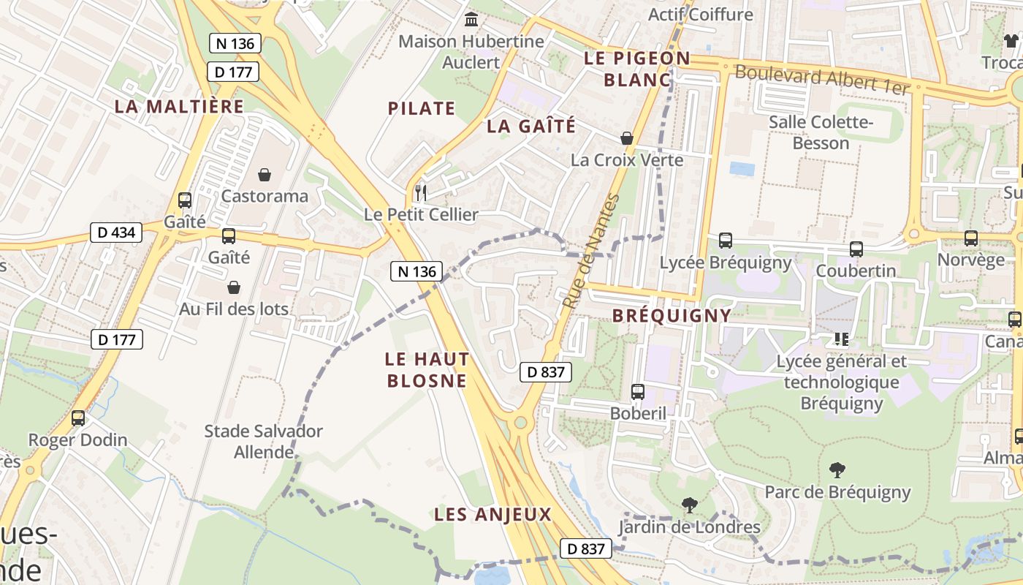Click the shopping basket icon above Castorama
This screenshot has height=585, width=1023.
[x=264, y=175]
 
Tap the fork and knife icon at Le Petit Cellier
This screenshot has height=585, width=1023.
[x=420, y=193]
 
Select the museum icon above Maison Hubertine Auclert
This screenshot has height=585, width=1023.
[x=471, y=19]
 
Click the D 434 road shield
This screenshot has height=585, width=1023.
[x=116, y=233]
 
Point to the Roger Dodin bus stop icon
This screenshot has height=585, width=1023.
[x=77, y=418]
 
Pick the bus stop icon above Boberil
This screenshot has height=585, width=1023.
[x=638, y=392]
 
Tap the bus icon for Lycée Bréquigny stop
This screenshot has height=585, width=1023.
[x=725, y=241]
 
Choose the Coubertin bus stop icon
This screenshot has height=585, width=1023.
[x=856, y=249]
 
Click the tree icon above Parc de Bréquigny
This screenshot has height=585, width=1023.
[x=837, y=470]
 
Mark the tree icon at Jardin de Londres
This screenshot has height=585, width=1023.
[x=689, y=505]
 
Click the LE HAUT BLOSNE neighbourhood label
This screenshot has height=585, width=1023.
[x=427, y=370]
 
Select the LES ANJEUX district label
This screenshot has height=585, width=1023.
[x=493, y=514]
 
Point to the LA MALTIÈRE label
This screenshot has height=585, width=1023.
[x=179, y=106]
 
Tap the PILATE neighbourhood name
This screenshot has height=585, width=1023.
[x=422, y=108]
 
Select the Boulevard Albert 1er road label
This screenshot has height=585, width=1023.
[x=822, y=80]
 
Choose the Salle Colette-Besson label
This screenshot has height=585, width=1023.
[x=821, y=132]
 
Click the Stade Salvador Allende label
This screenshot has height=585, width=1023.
[x=263, y=441]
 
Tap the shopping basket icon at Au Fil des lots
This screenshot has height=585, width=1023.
[x=234, y=287]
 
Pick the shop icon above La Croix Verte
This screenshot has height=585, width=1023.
[x=626, y=138]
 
